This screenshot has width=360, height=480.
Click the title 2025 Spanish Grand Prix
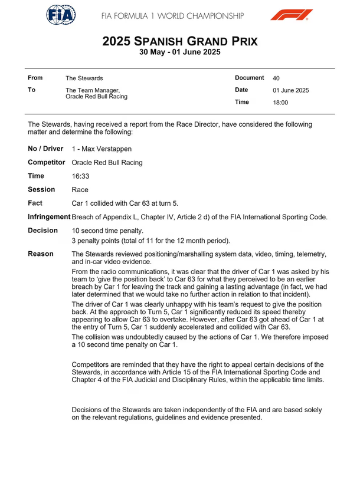[x=179, y=41]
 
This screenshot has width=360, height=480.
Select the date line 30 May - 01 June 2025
[x=179, y=52]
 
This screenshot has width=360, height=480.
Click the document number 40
[x=276, y=78]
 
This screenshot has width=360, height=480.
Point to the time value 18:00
[x=280, y=103]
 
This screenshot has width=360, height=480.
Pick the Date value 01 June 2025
[x=290, y=90]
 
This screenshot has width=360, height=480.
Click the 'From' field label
[x=35, y=78]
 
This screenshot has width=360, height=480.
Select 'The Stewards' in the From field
[x=84, y=78]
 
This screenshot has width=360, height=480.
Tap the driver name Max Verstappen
[x=102, y=149]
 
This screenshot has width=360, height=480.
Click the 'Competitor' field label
[x=47, y=162]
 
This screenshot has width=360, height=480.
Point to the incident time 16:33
[x=81, y=176]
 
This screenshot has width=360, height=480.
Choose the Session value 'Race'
[x=81, y=190]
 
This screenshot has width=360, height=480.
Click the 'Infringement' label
[x=49, y=217]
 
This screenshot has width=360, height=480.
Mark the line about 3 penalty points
[x=150, y=241]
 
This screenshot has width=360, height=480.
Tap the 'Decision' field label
[x=43, y=231]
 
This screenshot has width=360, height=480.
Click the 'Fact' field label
[x=36, y=203]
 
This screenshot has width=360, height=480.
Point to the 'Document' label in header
[x=249, y=78]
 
